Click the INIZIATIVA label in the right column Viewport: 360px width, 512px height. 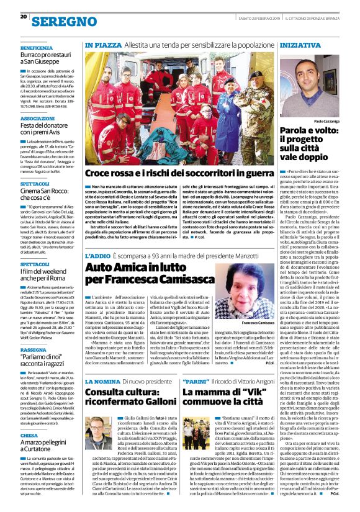(305, 46)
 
